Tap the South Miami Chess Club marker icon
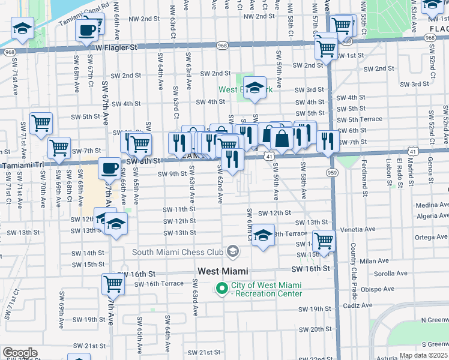click(234, 252)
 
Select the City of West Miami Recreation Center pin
click(221, 289)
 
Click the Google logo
click(20, 353)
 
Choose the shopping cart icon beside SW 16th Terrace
click(113, 284)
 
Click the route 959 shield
click(331, 173)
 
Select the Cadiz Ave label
click(358, 305)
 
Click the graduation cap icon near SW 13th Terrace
click(263, 235)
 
